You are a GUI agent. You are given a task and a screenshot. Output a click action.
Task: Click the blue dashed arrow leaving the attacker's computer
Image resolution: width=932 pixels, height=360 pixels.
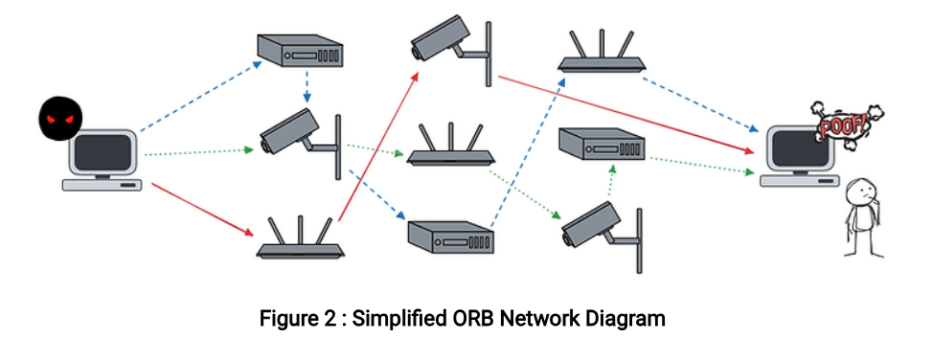[201, 96]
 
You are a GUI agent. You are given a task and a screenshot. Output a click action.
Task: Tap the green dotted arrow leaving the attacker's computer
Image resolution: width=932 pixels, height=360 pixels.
[199, 152]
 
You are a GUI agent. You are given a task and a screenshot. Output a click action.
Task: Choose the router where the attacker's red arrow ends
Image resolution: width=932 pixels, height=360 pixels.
[301, 237]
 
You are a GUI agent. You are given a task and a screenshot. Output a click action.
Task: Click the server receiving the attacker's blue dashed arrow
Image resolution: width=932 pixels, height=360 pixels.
[300, 51]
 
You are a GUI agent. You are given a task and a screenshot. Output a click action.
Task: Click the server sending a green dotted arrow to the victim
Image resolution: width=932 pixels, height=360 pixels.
[602, 145]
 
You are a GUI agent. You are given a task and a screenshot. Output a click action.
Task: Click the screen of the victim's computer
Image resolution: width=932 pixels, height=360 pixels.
[799, 146]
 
